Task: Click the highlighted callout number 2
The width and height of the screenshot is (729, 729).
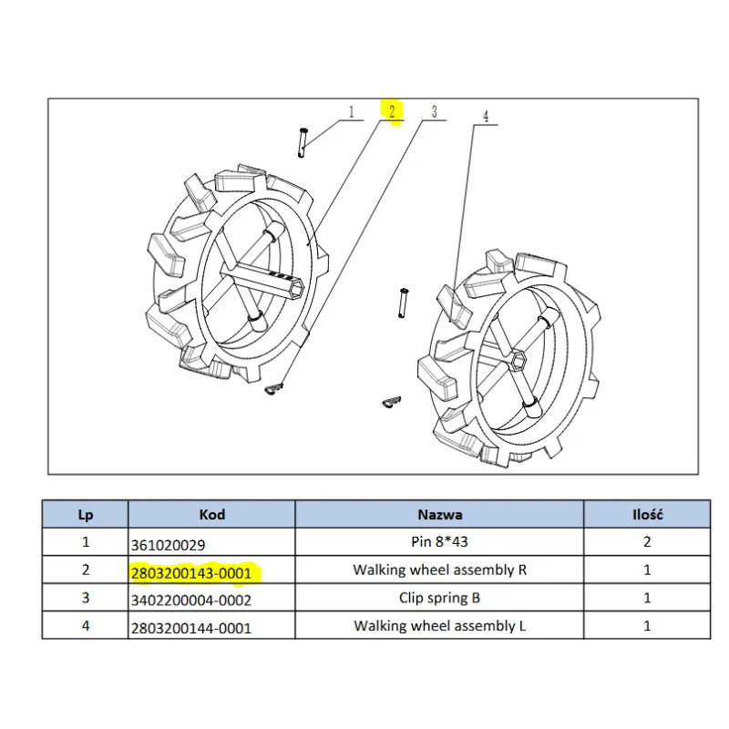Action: click(x=391, y=112)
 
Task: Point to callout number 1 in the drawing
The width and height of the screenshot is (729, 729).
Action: click(x=351, y=112)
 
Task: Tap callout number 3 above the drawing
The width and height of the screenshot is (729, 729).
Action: click(x=434, y=112)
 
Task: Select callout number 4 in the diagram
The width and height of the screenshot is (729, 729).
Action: click(x=485, y=117)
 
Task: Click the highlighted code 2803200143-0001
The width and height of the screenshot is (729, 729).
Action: click(x=191, y=573)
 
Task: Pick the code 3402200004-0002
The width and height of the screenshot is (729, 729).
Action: click(x=191, y=601)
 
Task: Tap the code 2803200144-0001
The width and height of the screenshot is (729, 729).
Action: click(x=191, y=628)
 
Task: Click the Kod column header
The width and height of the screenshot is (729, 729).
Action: click(x=211, y=515)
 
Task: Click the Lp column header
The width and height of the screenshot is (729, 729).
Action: click(x=86, y=515)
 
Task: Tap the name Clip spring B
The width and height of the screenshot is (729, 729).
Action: click(x=440, y=599)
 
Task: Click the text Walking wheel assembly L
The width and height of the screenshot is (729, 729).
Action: click(x=440, y=626)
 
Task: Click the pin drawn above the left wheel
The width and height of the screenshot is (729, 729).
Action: click(x=303, y=142)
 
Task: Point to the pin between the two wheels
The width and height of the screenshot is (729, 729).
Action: click(x=401, y=303)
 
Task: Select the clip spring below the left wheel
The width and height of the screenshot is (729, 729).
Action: click(x=275, y=389)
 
